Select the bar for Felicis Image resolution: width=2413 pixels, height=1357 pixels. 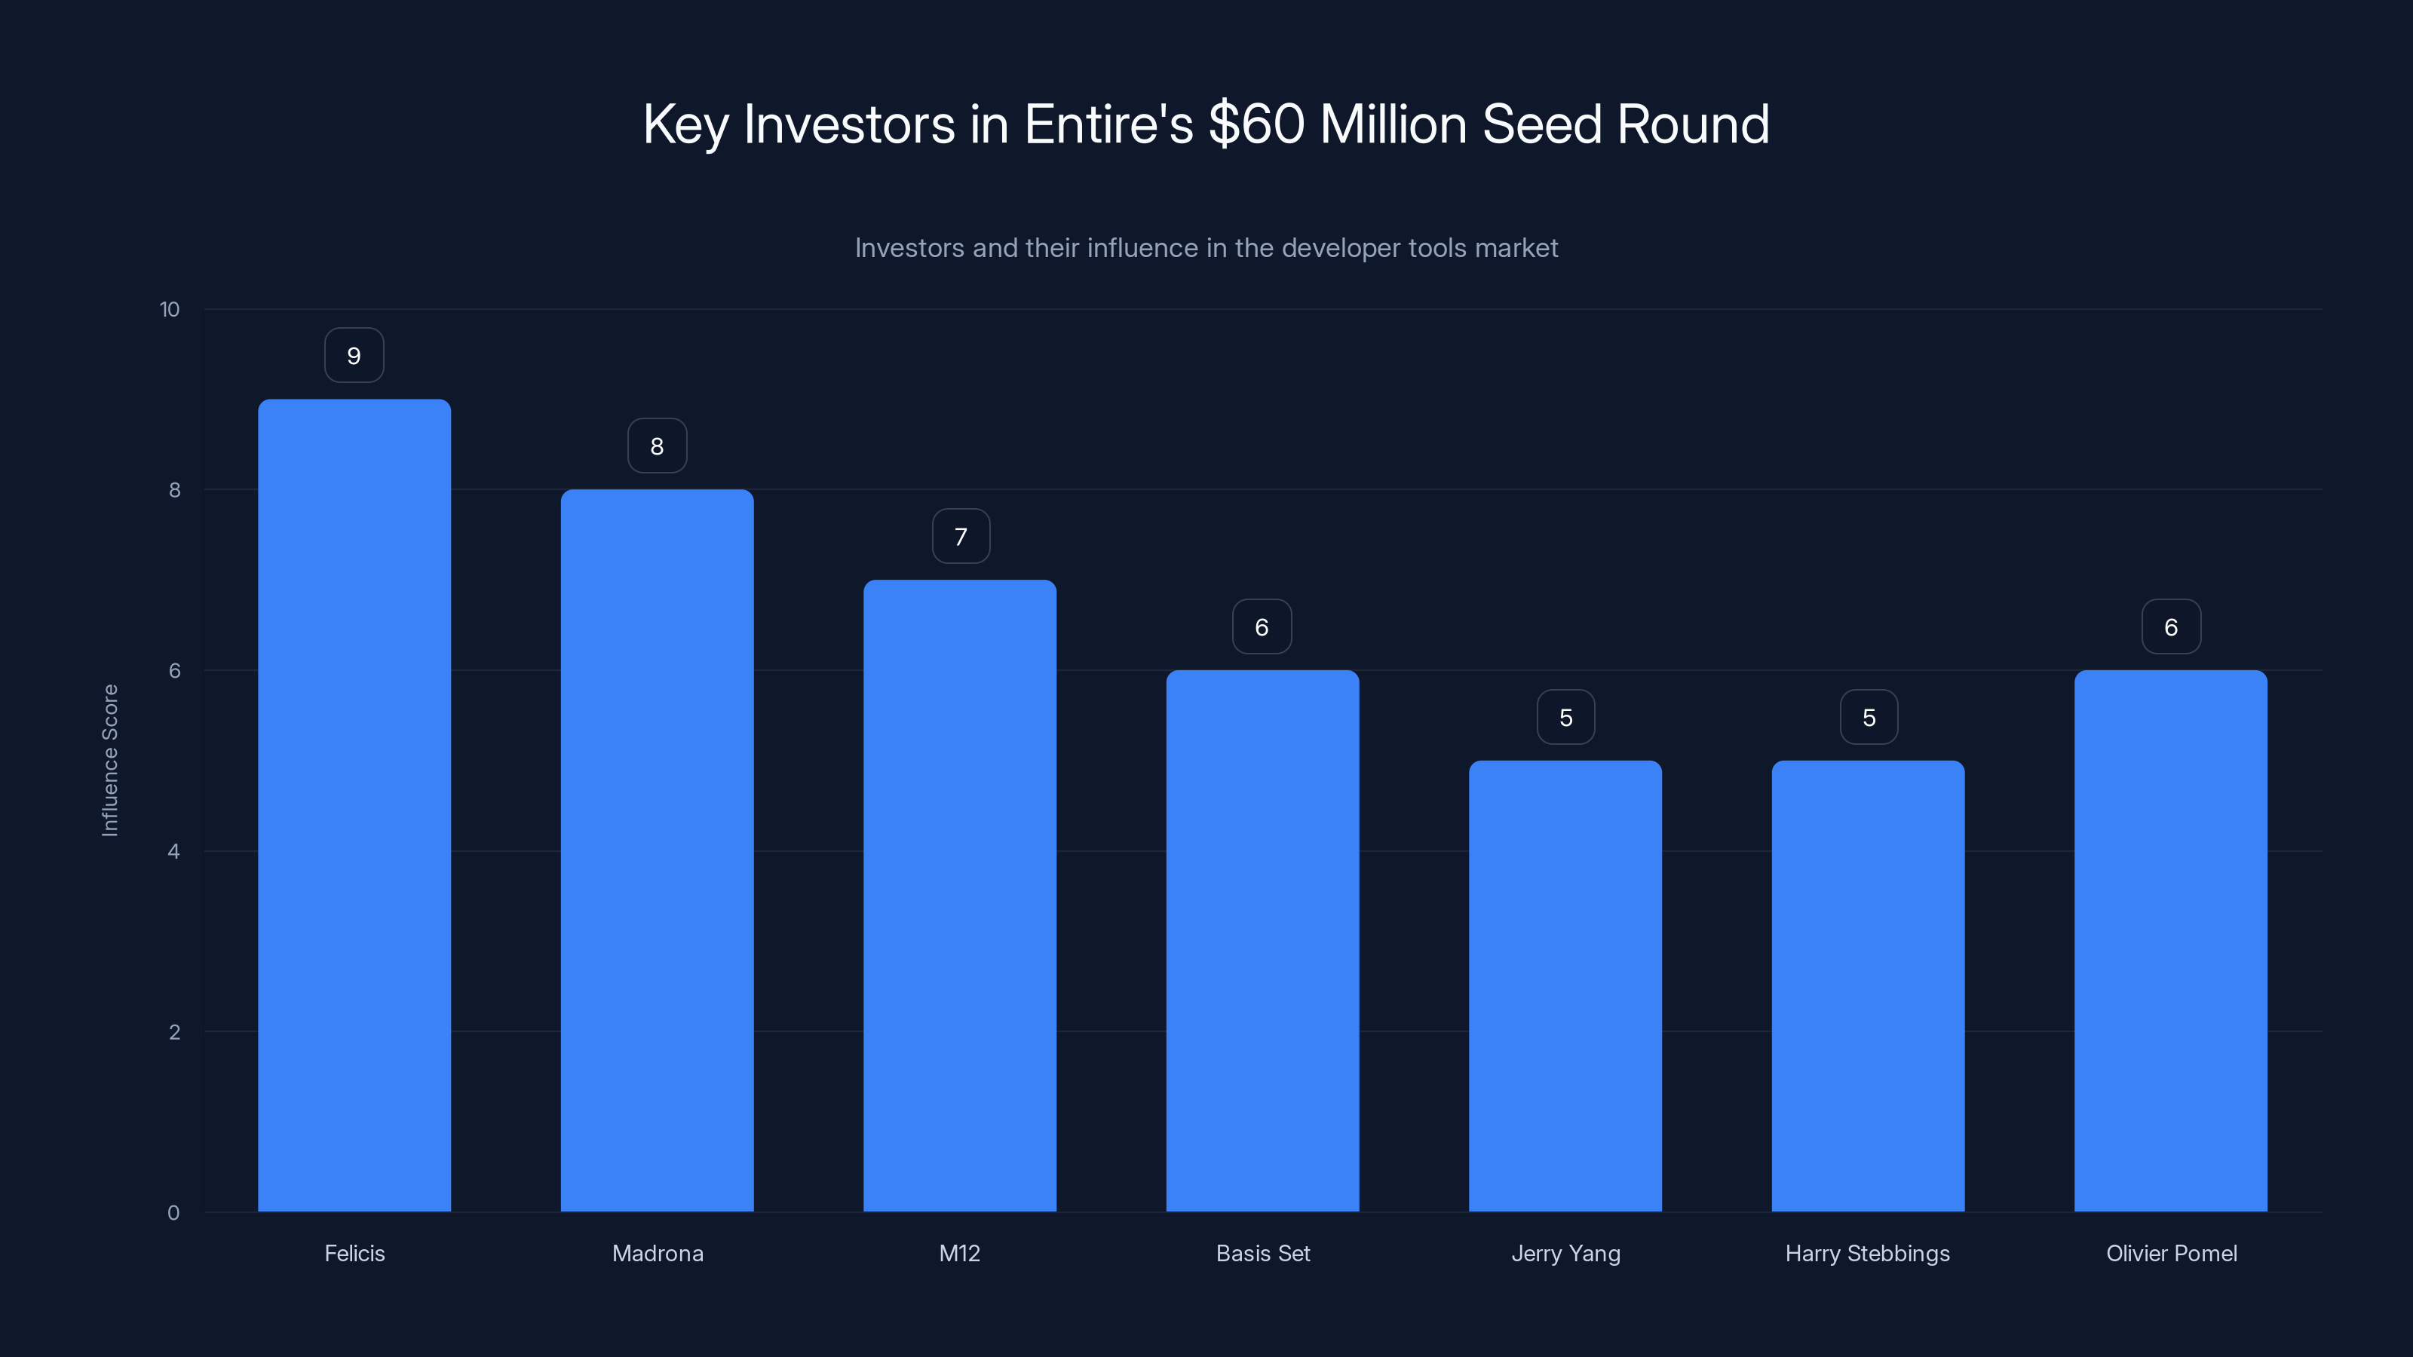click(354, 805)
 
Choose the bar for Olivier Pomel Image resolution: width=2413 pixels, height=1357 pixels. click(2170, 940)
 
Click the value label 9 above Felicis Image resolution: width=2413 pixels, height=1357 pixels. click(354, 356)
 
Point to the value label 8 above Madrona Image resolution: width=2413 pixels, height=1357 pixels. click(657, 446)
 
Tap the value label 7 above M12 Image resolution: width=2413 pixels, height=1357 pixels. click(960, 537)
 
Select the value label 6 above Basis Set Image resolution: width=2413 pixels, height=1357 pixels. click(1262, 626)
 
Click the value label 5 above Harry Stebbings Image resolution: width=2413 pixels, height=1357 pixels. click(1869, 718)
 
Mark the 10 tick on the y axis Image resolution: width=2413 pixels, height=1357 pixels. click(170, 309)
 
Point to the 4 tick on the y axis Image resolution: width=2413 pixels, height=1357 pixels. click(173, 851)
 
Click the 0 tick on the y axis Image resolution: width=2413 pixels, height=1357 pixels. click(173, 1213)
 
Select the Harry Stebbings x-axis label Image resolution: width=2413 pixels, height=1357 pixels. click(1867, 1253)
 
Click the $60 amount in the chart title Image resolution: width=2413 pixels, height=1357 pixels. click(1256, 124)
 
